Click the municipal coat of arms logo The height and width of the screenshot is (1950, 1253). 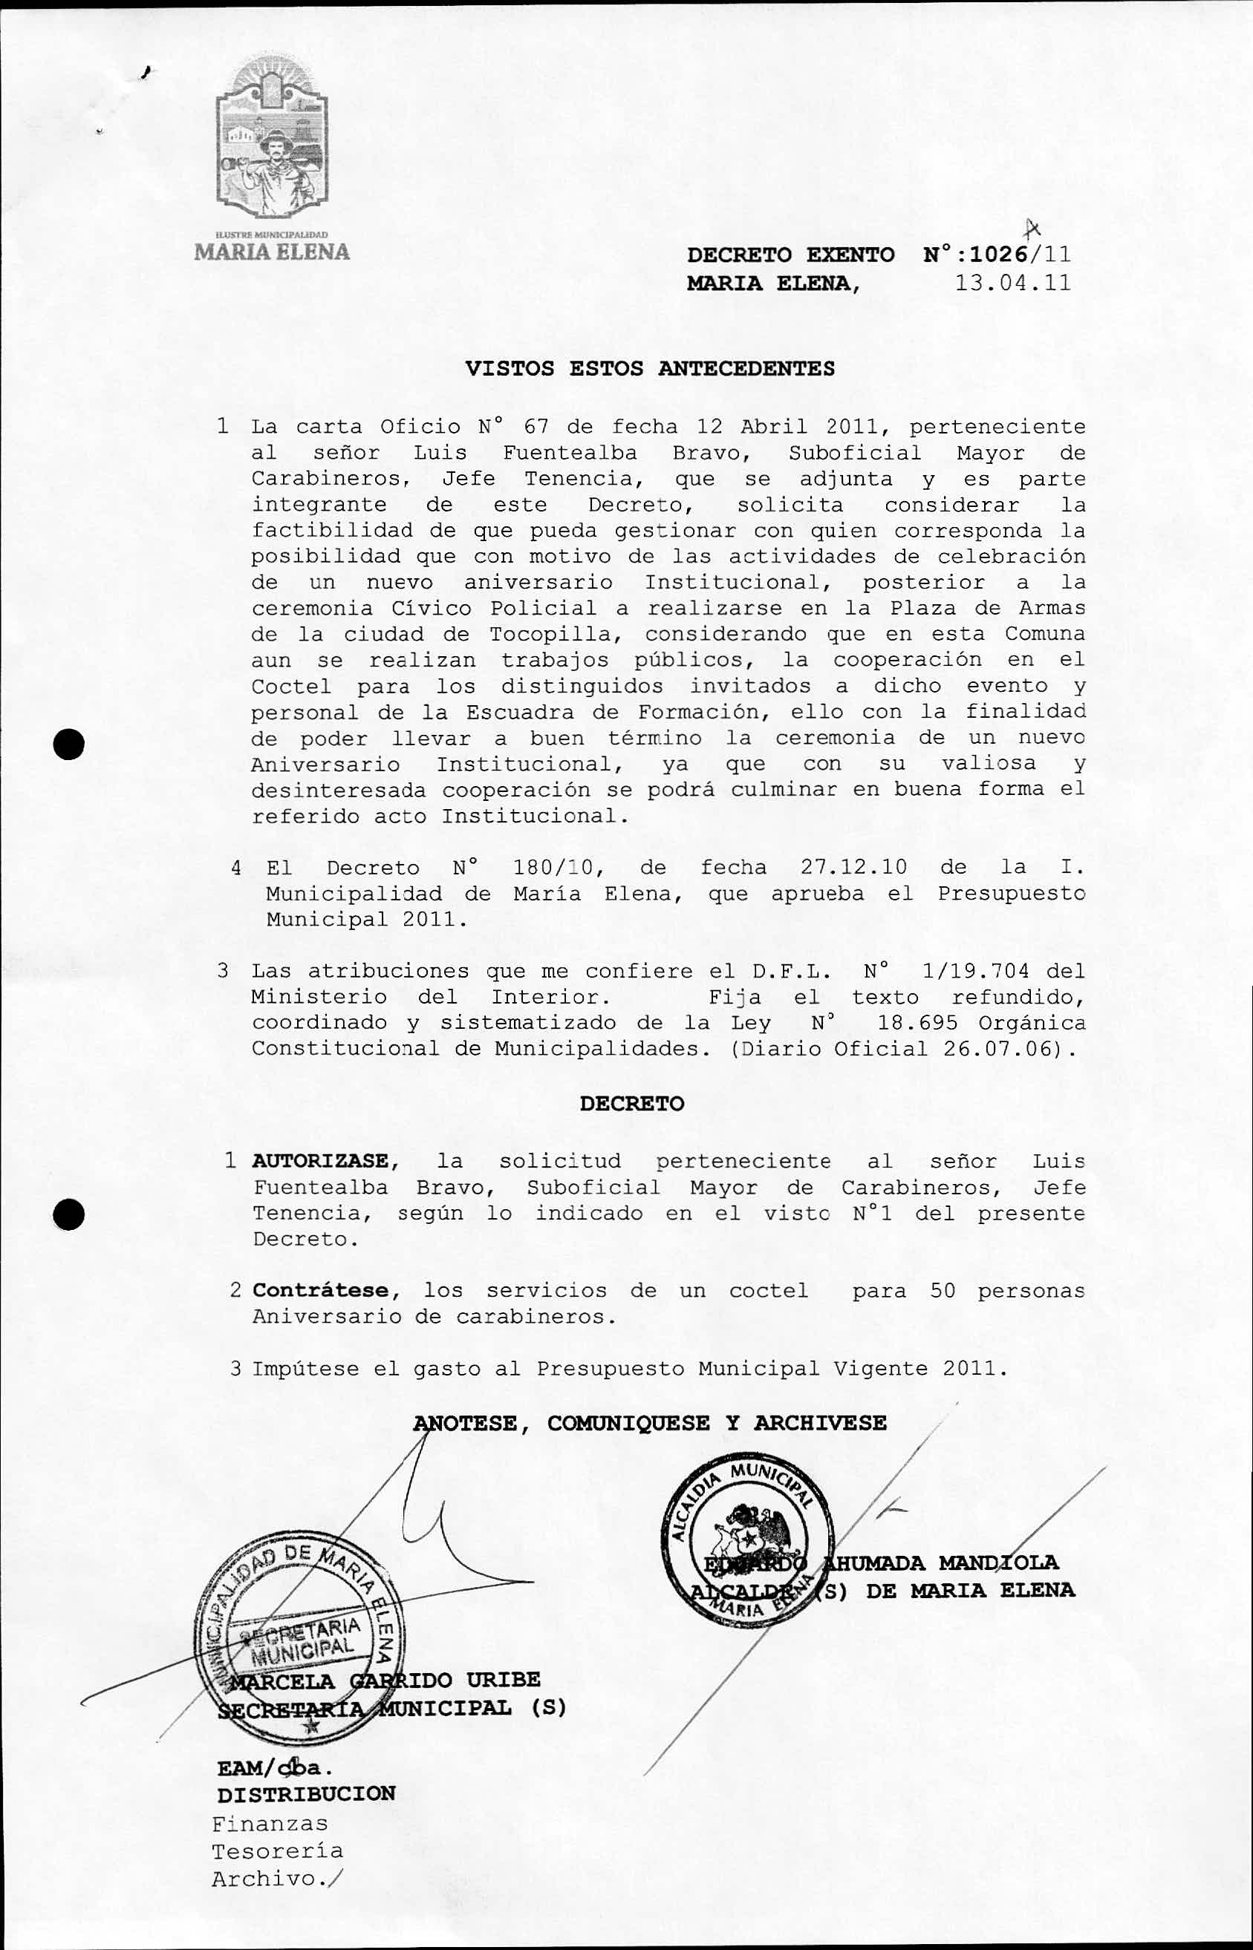[x=272, y=143]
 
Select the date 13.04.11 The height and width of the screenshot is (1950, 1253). [x=1012, y=283]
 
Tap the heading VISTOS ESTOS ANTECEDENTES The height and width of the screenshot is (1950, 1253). [x=649, y=368]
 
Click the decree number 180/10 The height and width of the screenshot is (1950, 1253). [x=558, y=868]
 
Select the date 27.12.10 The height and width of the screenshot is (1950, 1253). [x=853, y=868]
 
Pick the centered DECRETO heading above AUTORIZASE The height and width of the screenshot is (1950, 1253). [x=632, y=1104]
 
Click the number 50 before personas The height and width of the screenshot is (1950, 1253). [x=943, y=1291]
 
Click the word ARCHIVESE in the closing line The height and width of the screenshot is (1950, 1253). [x=819, y=1423]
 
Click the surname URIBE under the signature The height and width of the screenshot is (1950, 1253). [x=503, y=1679]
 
